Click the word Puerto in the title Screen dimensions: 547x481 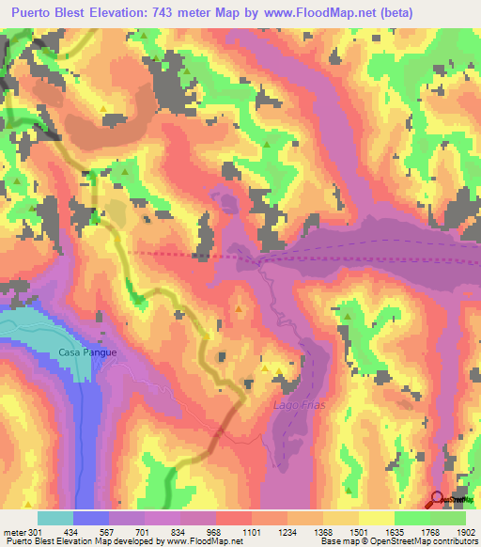pos(33,12)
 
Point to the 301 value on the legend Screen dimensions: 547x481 pos(36,532)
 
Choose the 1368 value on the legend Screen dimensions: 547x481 pos(322,532)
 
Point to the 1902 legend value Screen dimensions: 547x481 pos(465,532)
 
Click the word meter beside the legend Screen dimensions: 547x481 pos(13,532)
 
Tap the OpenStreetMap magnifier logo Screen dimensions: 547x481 pos(438,500)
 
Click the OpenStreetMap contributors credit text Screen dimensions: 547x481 pos(431,541)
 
